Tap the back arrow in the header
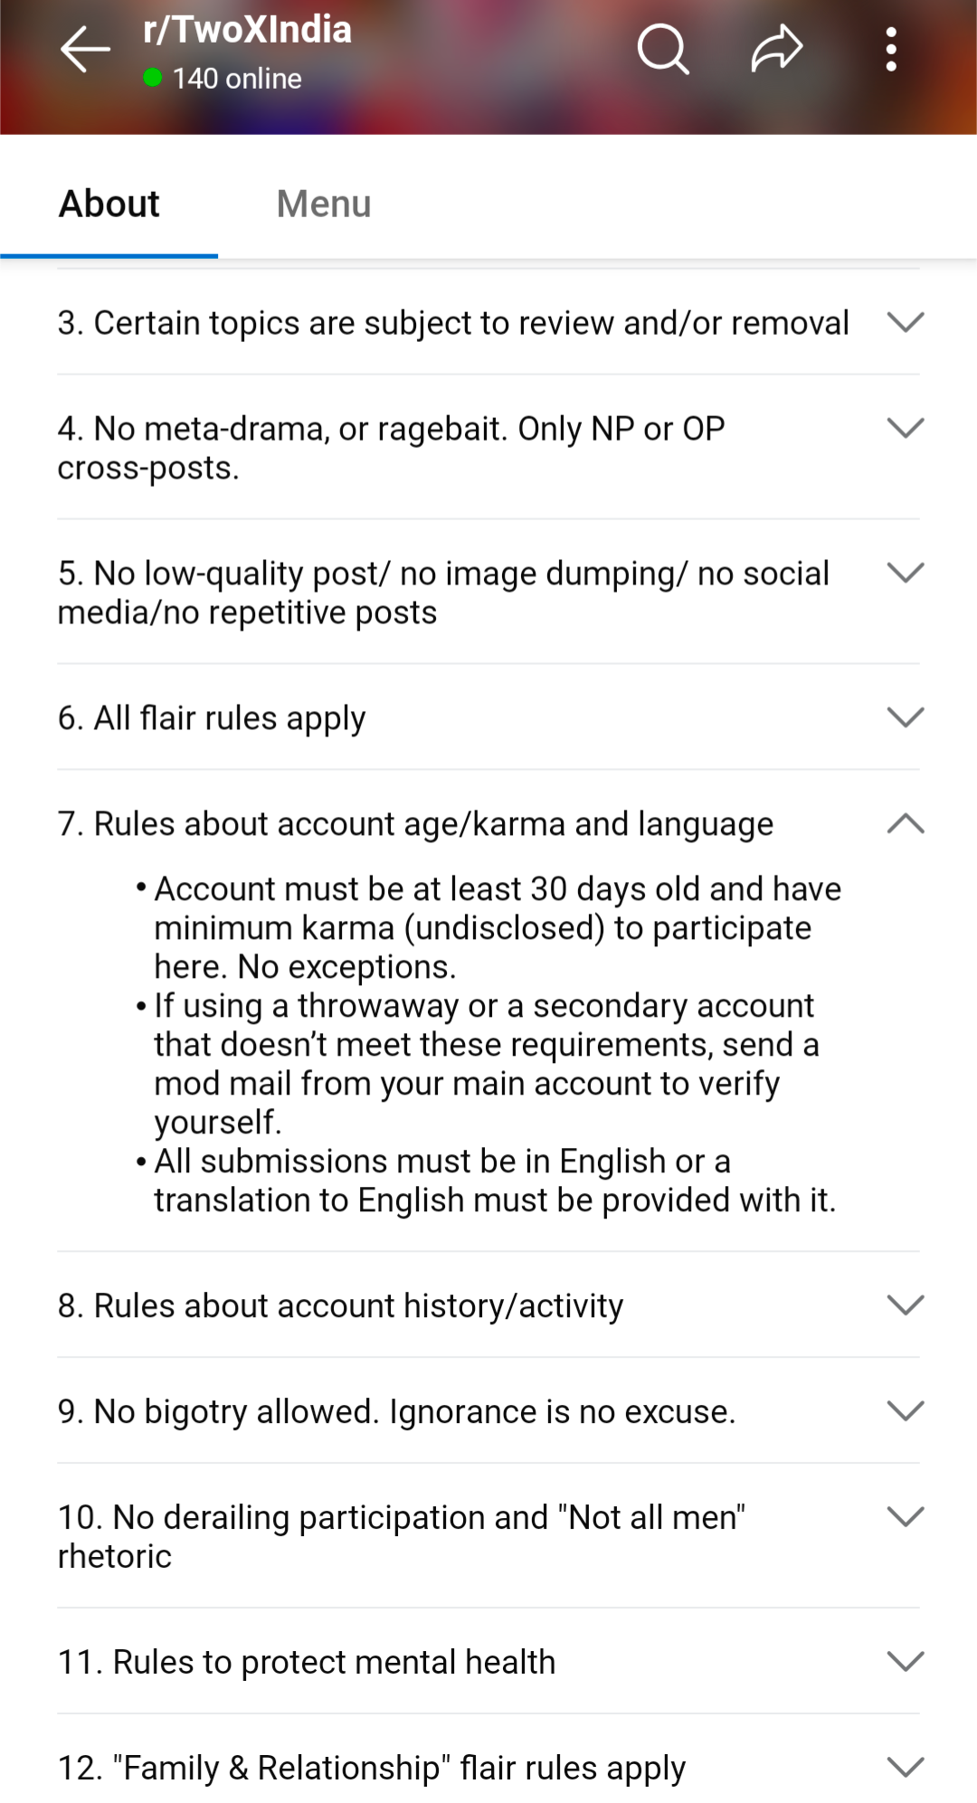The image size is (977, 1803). (85, 49)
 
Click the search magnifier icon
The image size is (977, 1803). (663, 49)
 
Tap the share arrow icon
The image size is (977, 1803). (777, 49)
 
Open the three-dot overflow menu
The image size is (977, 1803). (891, 49)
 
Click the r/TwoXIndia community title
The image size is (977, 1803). (247, 30)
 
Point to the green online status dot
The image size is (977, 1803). (153, 79)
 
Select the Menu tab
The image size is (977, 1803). (324, 204)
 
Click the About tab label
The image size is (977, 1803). (109, 204)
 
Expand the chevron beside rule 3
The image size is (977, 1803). (906, 322)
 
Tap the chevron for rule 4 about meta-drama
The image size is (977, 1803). (906, 428)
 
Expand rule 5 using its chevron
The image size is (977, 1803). (906, 573)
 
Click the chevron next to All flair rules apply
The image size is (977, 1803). (906, 717)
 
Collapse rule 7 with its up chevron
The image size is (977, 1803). (906, 823)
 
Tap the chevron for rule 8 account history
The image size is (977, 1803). (906, 1305)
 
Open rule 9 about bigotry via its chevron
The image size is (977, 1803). (906, 1410)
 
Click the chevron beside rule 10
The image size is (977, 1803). (906, 1516)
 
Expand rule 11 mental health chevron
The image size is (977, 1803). (906, 1661)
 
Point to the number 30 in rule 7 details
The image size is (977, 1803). (548, 889)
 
